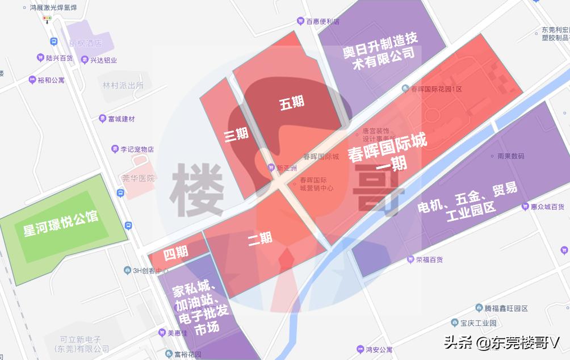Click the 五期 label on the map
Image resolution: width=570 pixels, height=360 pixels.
tap(292, 103)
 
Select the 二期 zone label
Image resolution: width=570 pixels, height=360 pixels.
tap(260, 239)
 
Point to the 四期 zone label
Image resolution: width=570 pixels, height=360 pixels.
tap(175, 252)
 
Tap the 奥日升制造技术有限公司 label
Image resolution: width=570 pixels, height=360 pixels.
tap(380, 52)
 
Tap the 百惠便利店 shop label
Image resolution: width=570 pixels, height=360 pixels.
tap(322, 22)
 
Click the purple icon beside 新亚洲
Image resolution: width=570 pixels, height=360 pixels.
tap(271, 168)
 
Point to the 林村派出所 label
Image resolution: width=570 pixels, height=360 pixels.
tap(123, 85)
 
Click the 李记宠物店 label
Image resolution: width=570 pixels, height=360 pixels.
tap(136, 149)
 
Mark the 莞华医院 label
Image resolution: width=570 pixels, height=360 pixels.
tap(138, 178)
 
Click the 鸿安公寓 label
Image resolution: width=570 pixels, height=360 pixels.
tap(378, 349)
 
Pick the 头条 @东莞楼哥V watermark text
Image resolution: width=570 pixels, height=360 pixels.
tap(502, 342)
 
